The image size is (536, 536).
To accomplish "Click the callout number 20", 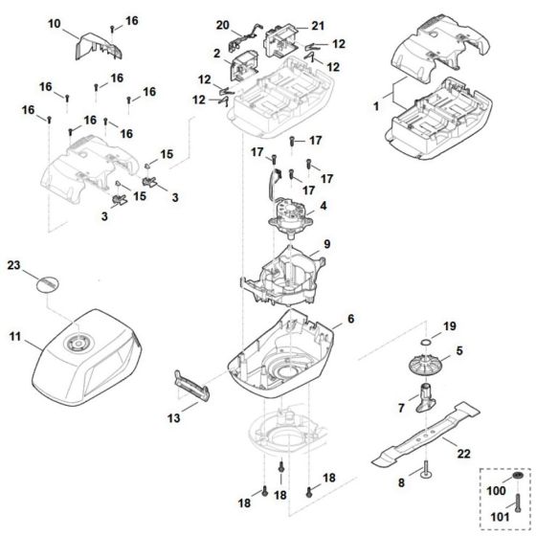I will click(223, 23).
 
